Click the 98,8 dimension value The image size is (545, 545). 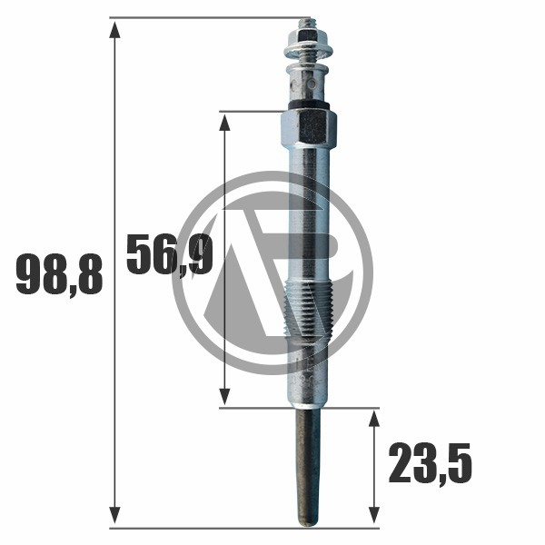tap(59, 275)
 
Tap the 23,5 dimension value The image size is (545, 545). tap(430, 464)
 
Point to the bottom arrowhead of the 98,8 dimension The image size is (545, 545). tap(114, 515)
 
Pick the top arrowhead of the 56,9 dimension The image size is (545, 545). tap(225, 123)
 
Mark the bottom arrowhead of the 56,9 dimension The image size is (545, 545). tap(225, 397)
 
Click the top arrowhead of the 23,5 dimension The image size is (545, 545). tap(373, 419)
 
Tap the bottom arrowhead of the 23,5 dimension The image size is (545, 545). tap(373, 515)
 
